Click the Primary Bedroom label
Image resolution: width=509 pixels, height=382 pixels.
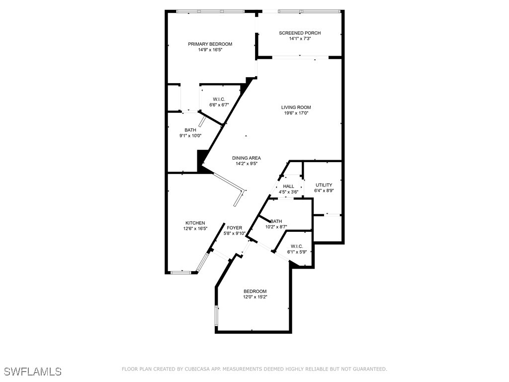tap(210, 44)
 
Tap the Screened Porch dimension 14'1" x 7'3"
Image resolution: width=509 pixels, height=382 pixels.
tap(300, 39)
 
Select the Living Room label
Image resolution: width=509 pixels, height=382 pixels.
tap(296, 107)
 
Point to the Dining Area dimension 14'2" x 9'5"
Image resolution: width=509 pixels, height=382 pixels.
tap(247, 164)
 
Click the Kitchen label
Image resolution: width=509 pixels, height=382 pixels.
tap(195, 223)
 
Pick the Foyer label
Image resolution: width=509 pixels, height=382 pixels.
tap(235, 228)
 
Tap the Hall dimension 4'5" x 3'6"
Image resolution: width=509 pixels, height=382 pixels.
tap(288, 192)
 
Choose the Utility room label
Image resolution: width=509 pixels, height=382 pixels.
tap(324, 185)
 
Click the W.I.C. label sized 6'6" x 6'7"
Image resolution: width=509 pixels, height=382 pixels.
tap(219, 99)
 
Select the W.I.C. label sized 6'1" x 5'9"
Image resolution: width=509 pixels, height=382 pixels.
tap(297, 247)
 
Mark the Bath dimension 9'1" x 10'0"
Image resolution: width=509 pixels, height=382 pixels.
tap(190, 136)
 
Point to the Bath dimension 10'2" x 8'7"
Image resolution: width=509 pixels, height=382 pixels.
tap(276, 227)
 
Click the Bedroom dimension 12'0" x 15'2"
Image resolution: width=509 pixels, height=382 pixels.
tap(255, 297)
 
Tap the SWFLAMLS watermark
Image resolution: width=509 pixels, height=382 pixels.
tap(33, 372)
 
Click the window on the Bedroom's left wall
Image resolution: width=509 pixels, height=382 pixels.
tap(217, 316)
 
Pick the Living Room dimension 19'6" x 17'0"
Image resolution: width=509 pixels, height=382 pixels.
tap(296, 113)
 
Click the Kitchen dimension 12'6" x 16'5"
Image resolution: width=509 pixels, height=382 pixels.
tap(195, 229)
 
